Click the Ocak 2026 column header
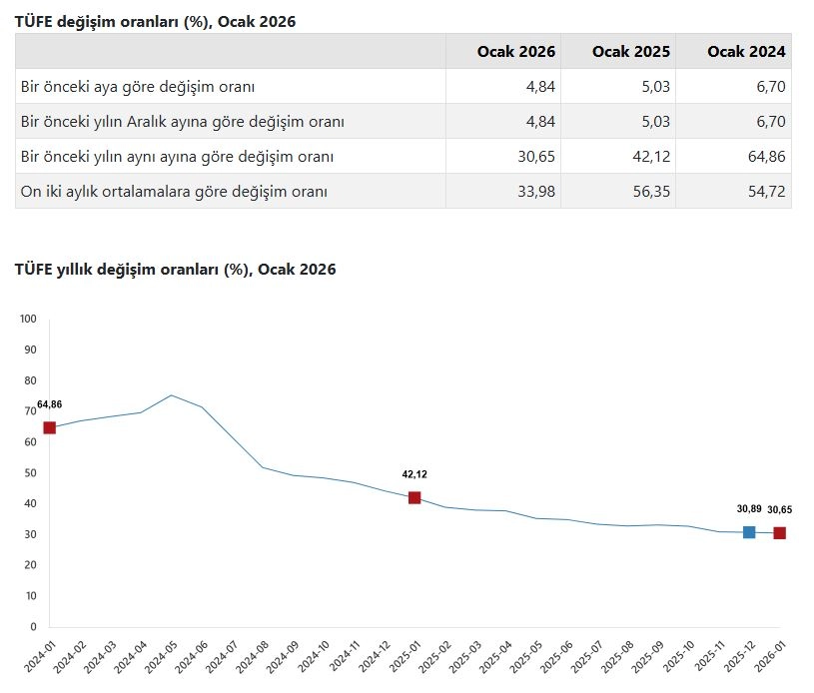(516, 51)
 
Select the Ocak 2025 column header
(631, 51)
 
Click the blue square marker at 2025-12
(749, 532)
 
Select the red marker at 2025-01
(414, 497)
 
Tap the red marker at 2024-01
(49, 427)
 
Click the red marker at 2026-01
(779, 533)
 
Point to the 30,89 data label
(749, 509)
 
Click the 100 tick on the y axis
(28, 320)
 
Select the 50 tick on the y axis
(30, 473)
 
